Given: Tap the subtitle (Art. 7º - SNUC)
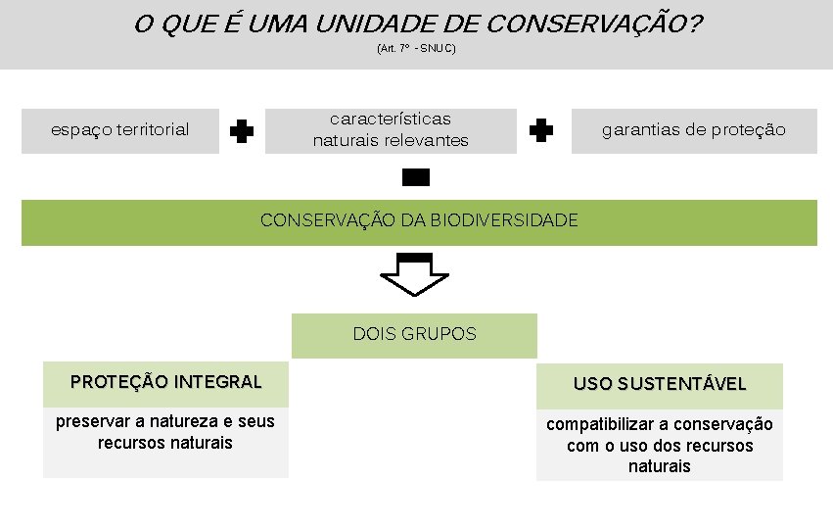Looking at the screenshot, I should [416, 48].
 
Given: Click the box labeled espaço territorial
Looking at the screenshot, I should [120, 130].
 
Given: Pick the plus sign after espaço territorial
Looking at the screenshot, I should [242, 131].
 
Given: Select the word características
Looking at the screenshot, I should [391, 119].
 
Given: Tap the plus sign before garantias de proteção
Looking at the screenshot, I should [540, 130].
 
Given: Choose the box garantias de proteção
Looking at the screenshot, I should [694, 130].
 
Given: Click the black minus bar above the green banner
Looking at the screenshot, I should [416, 177].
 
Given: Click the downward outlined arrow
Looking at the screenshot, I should [415, 274].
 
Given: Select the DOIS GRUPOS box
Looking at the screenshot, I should [415, 334].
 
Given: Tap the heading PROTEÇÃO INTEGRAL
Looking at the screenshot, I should [165, 382].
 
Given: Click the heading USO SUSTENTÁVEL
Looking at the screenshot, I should [660, 384].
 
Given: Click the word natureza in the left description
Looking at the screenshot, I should [185, 421].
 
